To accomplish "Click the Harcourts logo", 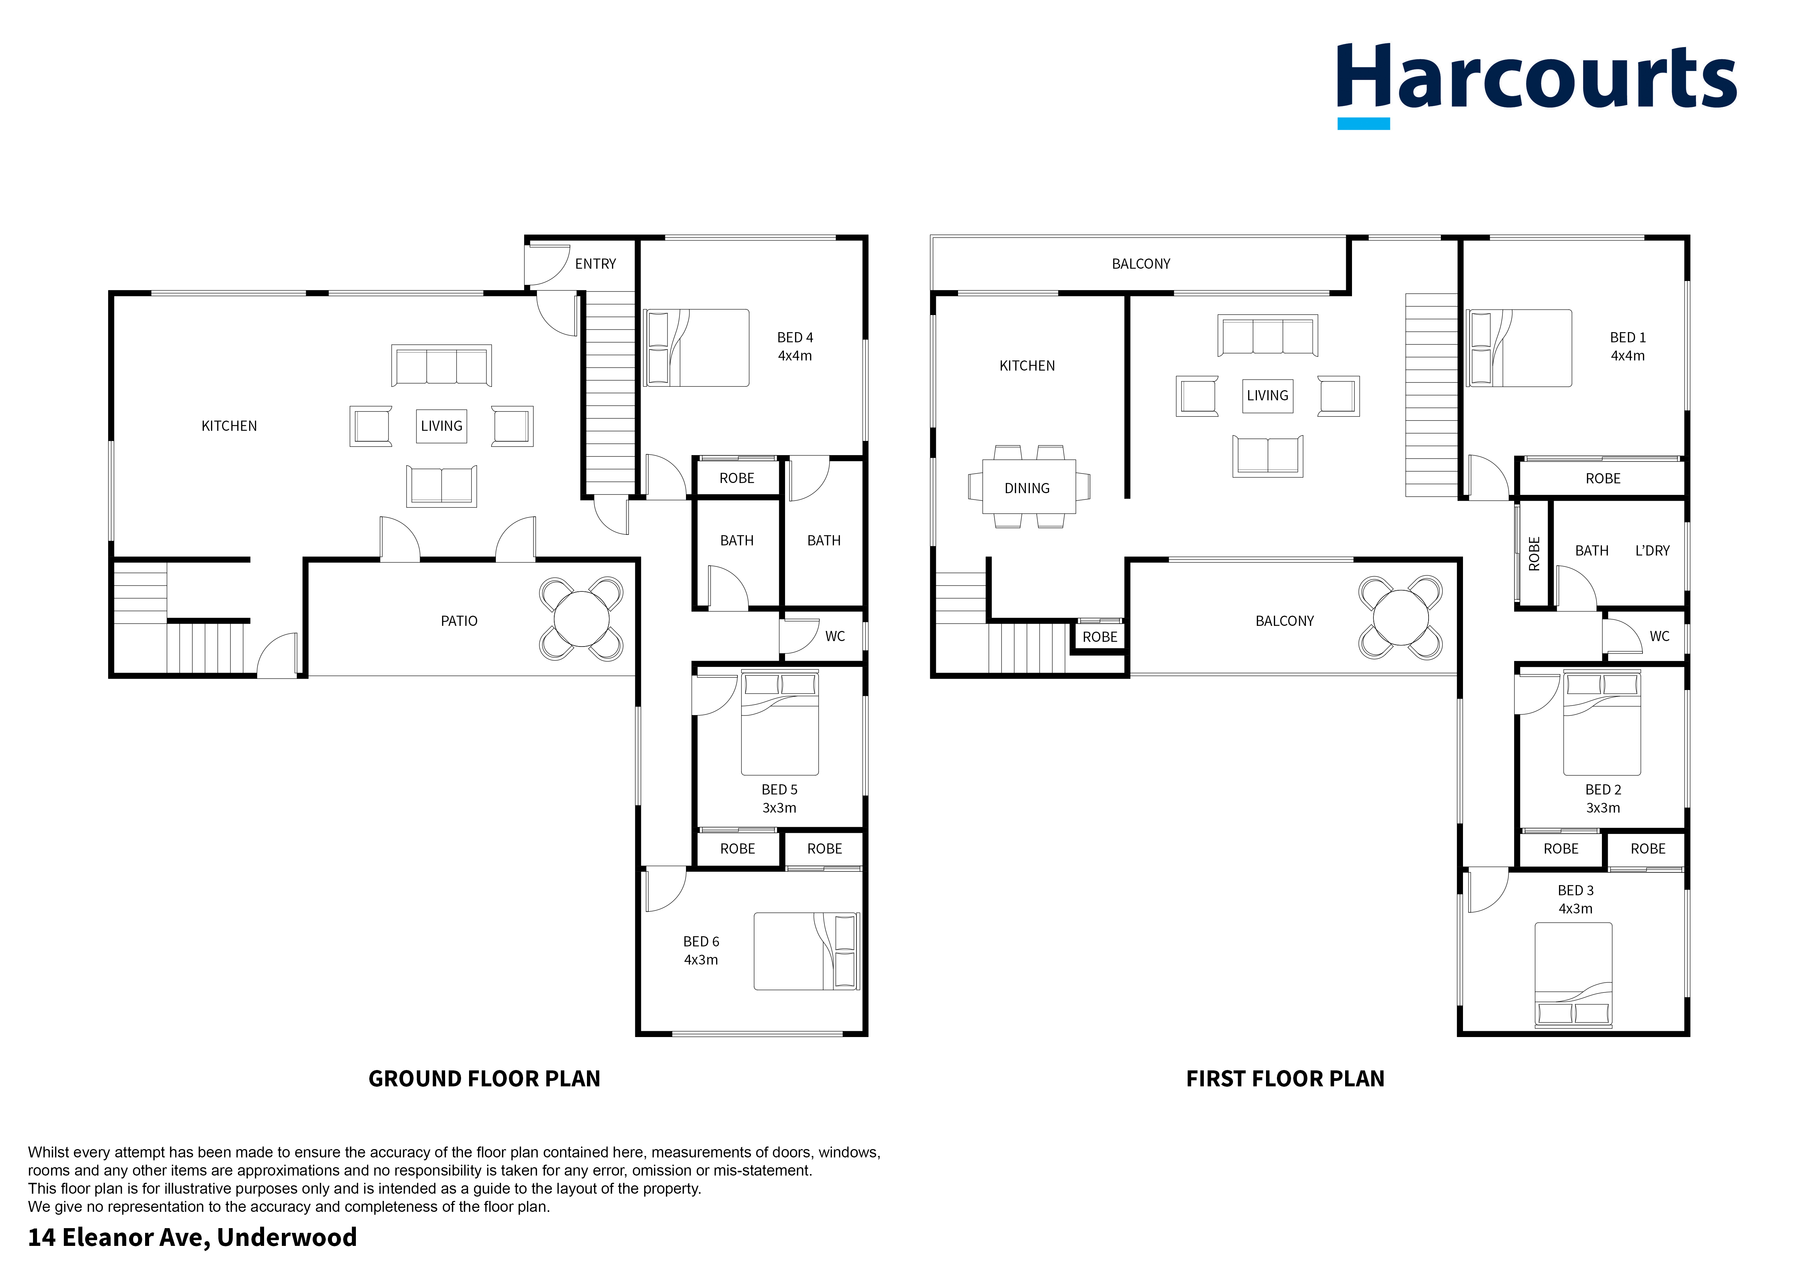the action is click(1537, 84).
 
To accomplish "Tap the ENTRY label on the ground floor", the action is click(596, 264).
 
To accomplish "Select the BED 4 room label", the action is click(795, 338).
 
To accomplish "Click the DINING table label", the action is click(1027, 488).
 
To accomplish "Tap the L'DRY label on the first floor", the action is click(1653, 551).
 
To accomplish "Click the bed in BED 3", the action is click(1573, 975).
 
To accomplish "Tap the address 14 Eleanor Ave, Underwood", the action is click(193, 1238).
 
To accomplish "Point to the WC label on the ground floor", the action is click(835, 636).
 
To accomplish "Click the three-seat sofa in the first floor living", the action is click(1268, 335).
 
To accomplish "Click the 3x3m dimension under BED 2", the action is click(1603, 808).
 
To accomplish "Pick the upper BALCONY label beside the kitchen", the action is click(1141, 264).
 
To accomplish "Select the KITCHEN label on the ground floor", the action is click(229, 426).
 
